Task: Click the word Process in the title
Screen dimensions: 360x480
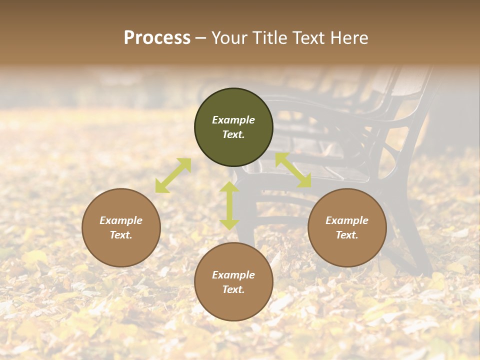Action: coord(157,38)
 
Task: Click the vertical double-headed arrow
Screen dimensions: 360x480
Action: coord(229,205)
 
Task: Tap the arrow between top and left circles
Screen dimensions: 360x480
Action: coord(173,175)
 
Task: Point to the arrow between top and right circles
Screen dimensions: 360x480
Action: coord(293,170)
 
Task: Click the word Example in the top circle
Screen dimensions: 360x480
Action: coord(233,120)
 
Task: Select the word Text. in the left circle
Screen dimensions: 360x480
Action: coord(121,235)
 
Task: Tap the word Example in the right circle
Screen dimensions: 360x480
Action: coord(347,220)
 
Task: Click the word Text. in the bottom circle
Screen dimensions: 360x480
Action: coord(233,289)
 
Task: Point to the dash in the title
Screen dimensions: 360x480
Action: coord(201,38)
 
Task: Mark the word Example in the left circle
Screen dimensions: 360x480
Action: coord(121,220)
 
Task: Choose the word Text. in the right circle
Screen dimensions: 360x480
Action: coord(347,235)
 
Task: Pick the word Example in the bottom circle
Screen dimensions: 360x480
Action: coord(233,275)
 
